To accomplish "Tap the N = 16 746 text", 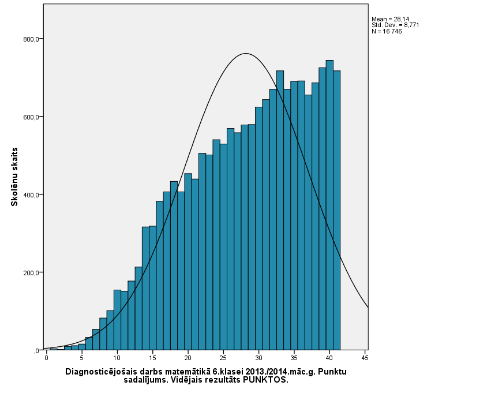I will (387, 31).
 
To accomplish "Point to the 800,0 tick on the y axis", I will (31, 39).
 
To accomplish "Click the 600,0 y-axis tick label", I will (31, 117).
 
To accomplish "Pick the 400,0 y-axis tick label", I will (31, 195).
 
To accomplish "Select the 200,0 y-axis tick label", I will (31, 273).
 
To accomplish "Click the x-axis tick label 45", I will (365, 358).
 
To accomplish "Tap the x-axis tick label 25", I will (223, 358).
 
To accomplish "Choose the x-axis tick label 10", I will (117, 358).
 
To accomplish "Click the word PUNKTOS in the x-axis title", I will (265, 380).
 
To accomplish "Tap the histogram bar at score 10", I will (117, 320).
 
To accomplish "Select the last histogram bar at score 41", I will (336, 210).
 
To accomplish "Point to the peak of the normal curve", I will (246, 54).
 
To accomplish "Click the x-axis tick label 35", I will (294, 358).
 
